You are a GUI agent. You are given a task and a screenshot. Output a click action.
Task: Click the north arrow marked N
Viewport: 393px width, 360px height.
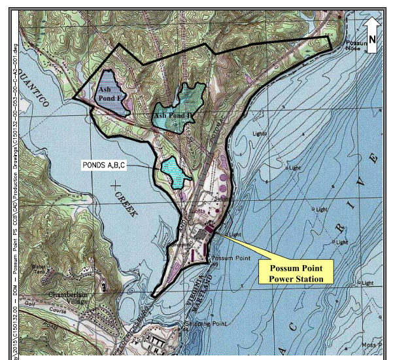[371, 35]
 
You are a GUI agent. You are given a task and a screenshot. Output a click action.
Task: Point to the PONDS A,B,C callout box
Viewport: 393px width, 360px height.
[103, 165]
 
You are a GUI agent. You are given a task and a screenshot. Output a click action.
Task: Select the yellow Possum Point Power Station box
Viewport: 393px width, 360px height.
[296, 271]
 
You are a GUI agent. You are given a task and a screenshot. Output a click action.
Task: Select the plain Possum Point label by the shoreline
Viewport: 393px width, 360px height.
[231, 259]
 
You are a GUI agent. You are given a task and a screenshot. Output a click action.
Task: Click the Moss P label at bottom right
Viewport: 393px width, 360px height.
[371, 344]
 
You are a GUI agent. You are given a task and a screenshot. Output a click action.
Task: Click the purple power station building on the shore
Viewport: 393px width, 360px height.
[210, 228]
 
